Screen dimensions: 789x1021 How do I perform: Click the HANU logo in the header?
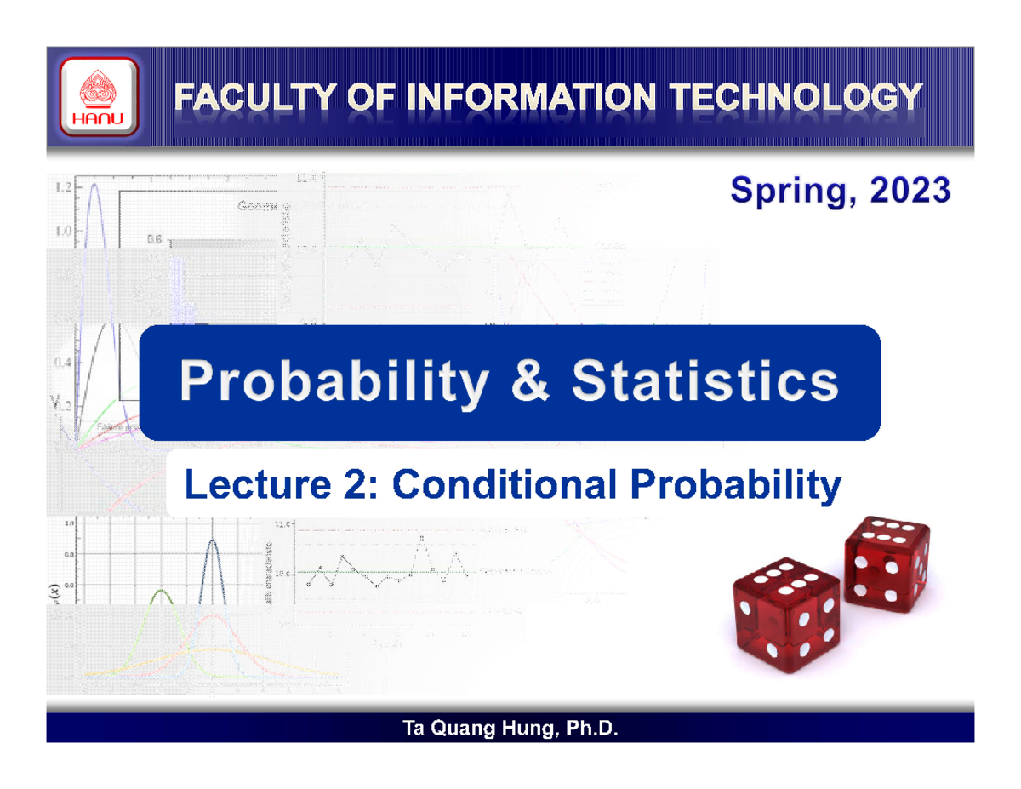tap(98, 96)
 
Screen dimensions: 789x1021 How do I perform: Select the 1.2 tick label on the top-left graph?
tap(61, 187)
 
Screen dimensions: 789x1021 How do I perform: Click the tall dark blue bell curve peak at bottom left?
tap(211, 542)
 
